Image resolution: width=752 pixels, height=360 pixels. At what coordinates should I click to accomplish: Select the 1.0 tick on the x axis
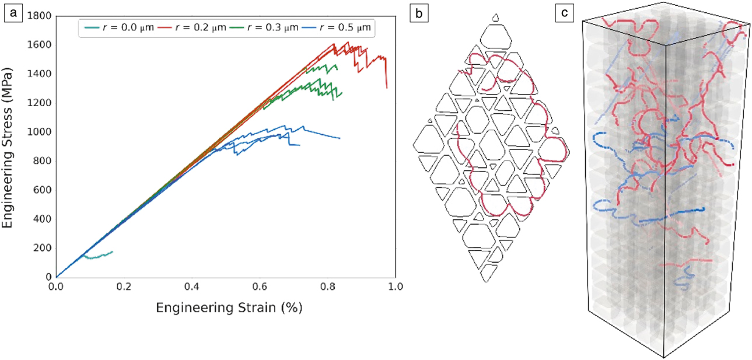click(396, 288)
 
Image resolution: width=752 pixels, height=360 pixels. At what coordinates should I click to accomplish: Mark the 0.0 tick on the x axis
click(56, 288)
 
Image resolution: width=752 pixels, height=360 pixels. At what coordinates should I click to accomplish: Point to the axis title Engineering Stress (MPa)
click(9, 146)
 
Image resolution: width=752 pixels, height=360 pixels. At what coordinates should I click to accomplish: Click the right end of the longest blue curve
click(340, 138)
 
